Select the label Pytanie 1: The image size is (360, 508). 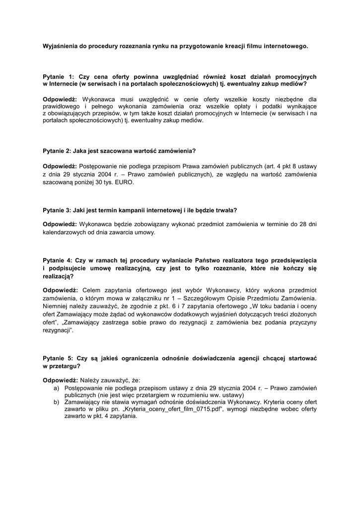58,77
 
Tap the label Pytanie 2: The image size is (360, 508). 58,150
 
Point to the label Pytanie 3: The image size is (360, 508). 58,209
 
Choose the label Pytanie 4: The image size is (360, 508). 58,260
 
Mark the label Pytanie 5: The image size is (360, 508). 58,358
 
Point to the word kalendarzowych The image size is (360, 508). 66,232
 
